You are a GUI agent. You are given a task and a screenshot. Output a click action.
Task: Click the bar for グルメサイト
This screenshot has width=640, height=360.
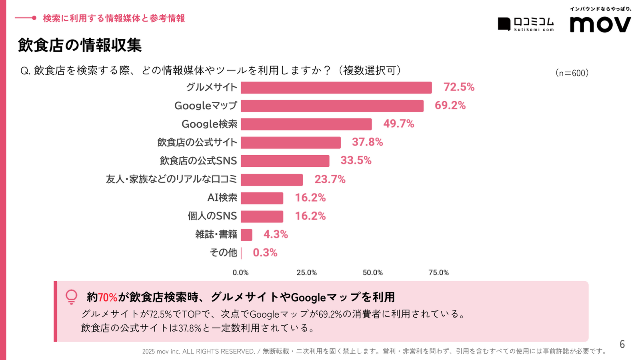[336, 88]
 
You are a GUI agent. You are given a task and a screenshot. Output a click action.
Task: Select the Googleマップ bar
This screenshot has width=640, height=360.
[332, 106]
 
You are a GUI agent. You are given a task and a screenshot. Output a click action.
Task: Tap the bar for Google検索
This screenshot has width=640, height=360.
[306, 124]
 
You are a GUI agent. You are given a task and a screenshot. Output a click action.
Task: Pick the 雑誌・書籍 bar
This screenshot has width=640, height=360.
[246, 235]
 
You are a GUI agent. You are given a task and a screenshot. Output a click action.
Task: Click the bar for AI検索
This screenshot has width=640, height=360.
[262, 198]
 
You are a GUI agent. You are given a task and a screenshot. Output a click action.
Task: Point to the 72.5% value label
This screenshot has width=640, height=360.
[459, 87]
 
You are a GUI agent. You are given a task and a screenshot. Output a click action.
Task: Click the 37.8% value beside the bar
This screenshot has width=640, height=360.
[367, 142]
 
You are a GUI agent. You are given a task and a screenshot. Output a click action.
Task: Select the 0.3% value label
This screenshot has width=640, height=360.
[265, 253]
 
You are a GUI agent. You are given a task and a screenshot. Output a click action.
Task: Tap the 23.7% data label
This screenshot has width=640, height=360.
[330, 179]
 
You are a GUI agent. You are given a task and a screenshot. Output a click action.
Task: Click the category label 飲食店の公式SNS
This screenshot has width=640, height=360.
[198, 161]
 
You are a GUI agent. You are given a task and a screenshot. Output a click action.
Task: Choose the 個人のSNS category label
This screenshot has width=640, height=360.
[212, 216]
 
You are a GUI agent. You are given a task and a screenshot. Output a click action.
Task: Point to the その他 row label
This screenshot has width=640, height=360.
[223, 253]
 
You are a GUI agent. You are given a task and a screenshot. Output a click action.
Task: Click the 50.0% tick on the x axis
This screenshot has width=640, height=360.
[372, 273]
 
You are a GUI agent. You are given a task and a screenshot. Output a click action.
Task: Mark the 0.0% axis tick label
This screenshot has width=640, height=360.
[240, 273]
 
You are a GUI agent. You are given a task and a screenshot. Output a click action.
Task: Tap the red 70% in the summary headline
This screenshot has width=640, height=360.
[108, 298]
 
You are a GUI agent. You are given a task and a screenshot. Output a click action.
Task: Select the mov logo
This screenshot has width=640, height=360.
[600, 24]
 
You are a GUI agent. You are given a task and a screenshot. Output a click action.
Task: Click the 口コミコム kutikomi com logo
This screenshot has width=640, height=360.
[526, 24]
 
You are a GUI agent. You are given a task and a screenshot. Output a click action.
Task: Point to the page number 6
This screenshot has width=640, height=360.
[622, 344]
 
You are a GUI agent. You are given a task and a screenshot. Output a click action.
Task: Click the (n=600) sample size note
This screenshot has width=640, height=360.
[572, 73]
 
